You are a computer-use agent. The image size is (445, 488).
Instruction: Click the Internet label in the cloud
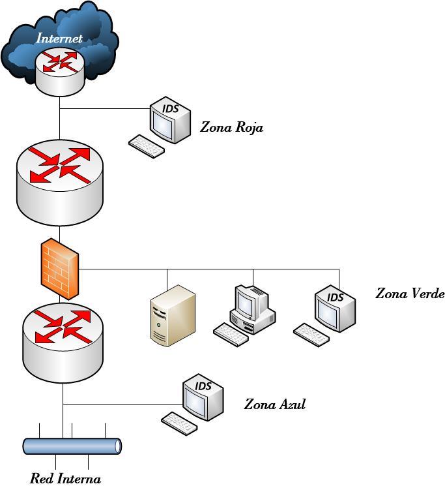pyautogui.click(x=59, y=38)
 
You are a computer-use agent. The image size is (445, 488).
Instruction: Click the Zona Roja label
pyautogui.click(x=231, y=127)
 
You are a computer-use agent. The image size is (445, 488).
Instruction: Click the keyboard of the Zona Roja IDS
pyautogui.click(x=146, y=145)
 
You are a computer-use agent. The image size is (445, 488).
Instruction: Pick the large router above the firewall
pyautogui.click(x=59, y=183)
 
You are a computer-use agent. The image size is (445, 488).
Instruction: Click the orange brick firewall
pyautogui.click(x=60, y=269)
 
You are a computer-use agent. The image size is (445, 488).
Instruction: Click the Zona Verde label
pyautogui.click(x=409, y=294)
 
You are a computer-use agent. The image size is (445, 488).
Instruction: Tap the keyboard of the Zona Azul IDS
pyautogui.click(x=179, y=423)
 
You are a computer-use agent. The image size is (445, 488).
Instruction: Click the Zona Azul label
pyautogui.click(x=274, y=404)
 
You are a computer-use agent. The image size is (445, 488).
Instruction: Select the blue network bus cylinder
pyautogui.click(x=72, y=446)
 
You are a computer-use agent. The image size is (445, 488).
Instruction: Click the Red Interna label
pyautogui.click(x=65, y=479)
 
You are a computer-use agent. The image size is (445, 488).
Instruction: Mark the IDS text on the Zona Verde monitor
pyautogui.click(x=336, y=297)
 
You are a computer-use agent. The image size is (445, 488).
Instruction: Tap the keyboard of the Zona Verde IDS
pyautogui.click(x=311, y=335)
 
